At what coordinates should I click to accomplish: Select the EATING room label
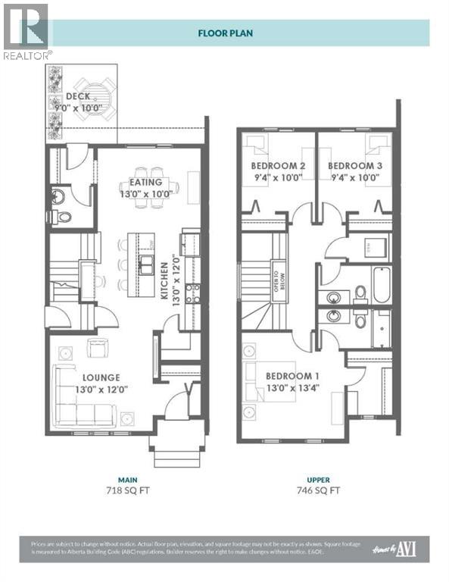click(145, 183)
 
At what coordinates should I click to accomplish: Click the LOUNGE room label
click(101, 377)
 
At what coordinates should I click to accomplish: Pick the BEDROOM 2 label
click(278, 165)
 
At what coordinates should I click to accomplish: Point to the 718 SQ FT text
click(126, 490)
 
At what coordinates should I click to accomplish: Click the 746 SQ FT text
click(318, 490)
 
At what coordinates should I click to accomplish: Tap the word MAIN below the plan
click(126, 479)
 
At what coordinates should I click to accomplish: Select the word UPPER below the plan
click(318, 479)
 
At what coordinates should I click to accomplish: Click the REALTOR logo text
click(27, 55)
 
